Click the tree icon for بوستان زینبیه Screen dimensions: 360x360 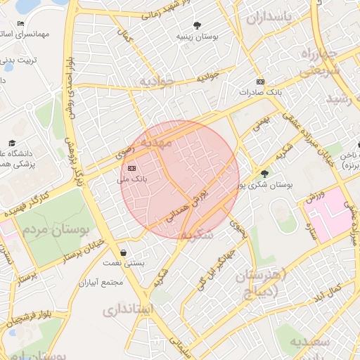[196, 25]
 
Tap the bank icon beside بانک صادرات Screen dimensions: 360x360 [260, 81]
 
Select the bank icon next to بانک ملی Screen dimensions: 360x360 [132, 169]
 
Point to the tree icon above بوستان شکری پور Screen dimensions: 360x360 [264, 174]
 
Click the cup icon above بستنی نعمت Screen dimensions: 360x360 [124, 252]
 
